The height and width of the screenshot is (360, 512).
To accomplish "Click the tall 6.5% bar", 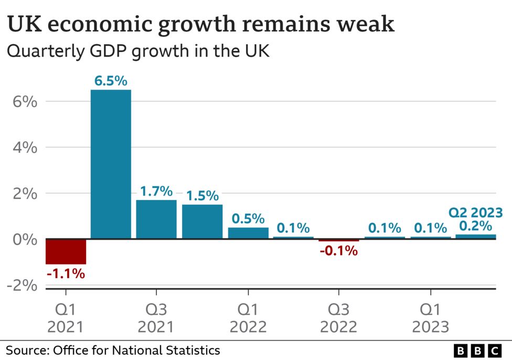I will pos(111,164).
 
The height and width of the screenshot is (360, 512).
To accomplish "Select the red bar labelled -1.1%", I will pos(66,251).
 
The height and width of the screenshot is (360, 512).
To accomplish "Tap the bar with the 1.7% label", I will pos(156,219).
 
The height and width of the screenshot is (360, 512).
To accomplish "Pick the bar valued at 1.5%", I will pos(202,221).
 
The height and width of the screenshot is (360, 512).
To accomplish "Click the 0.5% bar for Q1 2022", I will pos(248,233).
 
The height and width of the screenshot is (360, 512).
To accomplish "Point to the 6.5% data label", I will pos(111,81).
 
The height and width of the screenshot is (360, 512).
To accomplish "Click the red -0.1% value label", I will pos(339,251).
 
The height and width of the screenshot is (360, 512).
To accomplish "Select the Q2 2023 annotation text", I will pos(475,213).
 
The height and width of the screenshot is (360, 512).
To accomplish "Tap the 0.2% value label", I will pos(476,226).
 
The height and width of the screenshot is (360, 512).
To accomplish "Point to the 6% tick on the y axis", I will pos(25,102).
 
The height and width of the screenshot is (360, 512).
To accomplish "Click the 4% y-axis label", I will pos(25,147).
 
